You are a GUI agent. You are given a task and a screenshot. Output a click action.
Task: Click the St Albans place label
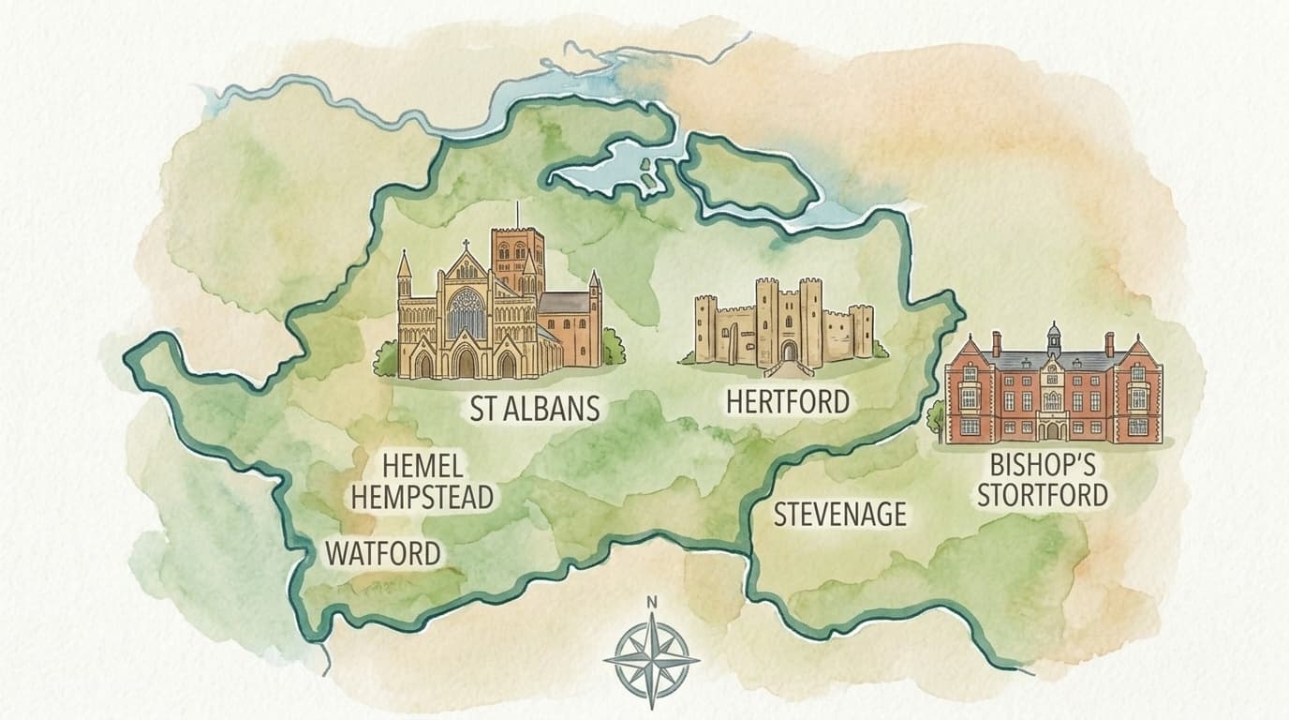tap(534, 409)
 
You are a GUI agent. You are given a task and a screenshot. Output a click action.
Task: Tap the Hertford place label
tap(787, 401)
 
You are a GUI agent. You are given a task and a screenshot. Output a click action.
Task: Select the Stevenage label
tap(839, 514)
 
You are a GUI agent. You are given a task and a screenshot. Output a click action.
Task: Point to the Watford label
tap(382, 553)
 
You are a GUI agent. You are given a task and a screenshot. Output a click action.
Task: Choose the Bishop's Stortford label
tap(1042, 480)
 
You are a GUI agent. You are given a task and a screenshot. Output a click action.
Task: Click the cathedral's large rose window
tap(466, 313)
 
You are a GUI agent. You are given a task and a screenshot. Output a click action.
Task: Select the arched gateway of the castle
tap(789, 351)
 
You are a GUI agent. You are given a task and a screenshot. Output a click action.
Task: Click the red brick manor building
tap(1053, 389)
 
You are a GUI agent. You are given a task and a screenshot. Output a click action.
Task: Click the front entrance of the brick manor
tap(1053, 429)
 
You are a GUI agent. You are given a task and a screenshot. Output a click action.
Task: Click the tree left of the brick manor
tap(936, 413)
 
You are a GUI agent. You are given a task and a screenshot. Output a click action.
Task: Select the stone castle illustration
tap(783, 323)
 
